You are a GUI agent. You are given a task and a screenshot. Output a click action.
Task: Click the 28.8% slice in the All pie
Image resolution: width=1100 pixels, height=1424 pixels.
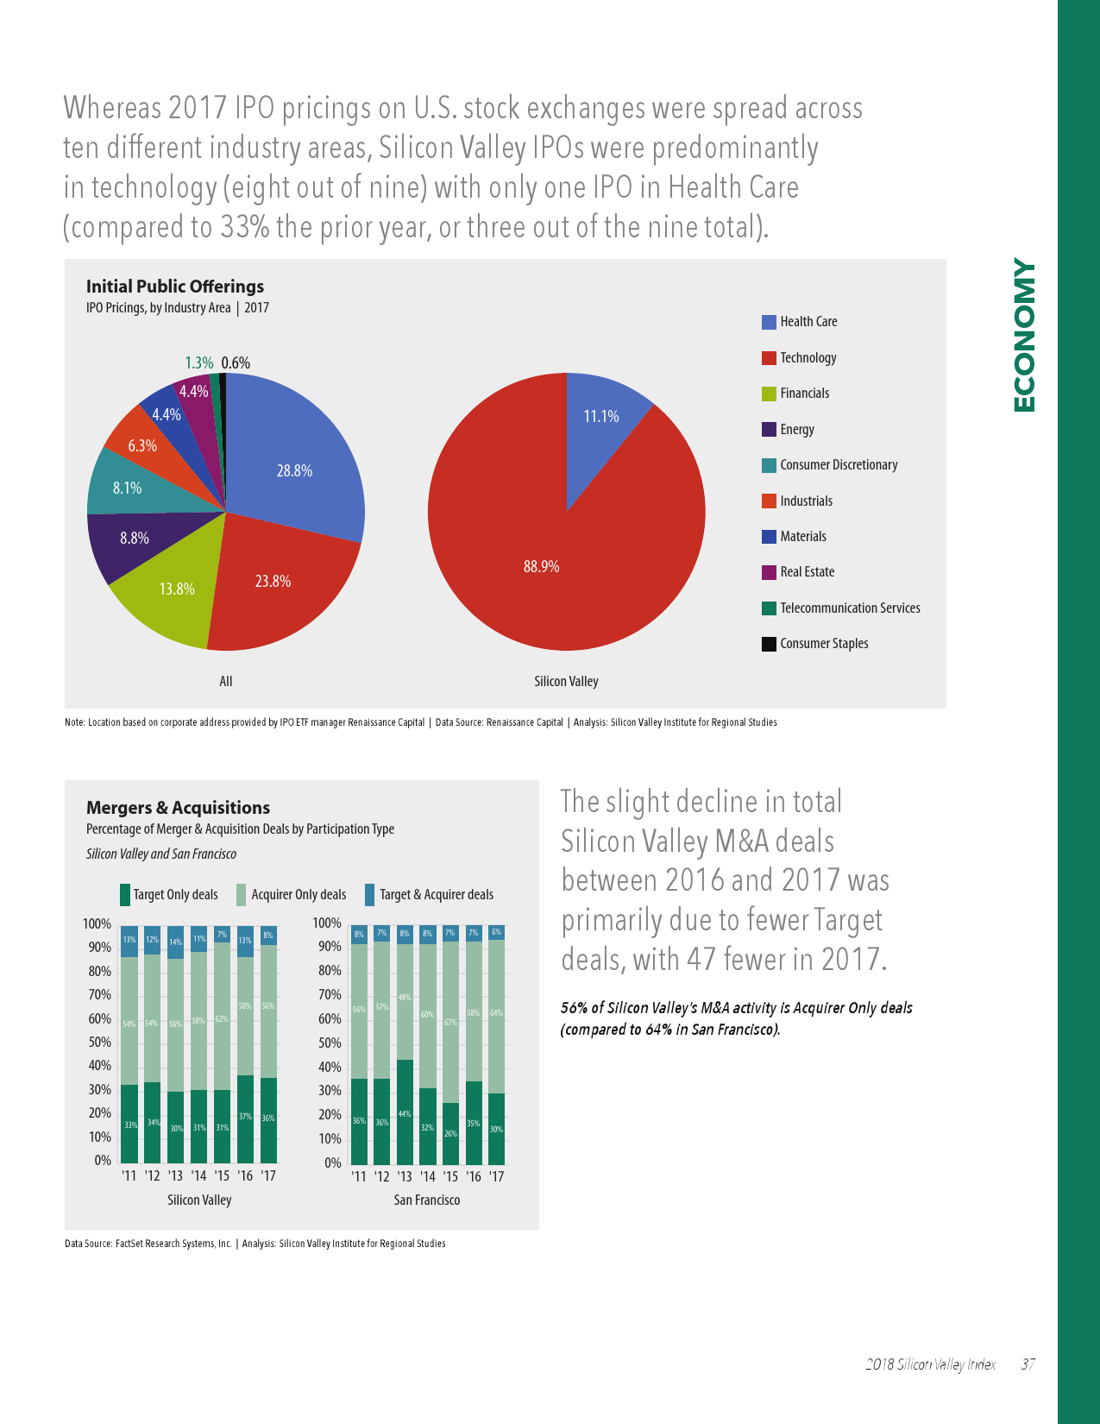click(294, 471)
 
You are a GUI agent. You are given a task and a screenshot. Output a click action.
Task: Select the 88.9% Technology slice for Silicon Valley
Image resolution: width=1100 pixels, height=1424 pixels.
click(541, 567)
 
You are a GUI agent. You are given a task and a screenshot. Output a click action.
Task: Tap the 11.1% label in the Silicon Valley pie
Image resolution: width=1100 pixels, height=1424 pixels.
click(601, 416)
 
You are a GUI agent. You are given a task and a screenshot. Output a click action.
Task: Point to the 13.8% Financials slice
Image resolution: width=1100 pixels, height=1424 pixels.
click(176, 589)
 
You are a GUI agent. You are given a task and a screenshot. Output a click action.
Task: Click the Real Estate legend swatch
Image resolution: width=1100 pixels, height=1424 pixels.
click(769, 572)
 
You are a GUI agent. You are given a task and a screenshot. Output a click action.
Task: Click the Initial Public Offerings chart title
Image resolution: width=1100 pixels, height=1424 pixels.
click(175, 287)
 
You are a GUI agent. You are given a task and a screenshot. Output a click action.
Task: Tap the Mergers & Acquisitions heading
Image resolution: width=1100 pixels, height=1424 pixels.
click(178, 808)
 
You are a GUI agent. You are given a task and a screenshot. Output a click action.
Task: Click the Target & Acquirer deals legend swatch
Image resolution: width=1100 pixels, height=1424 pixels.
click(370, 895)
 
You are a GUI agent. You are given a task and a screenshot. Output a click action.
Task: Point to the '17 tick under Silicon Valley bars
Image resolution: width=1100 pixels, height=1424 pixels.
click(268, 1175)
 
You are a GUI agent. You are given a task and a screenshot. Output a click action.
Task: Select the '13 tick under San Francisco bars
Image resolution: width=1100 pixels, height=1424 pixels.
click(405, 1176)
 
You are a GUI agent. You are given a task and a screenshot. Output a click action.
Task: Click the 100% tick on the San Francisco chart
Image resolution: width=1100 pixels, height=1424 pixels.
click(328, 923)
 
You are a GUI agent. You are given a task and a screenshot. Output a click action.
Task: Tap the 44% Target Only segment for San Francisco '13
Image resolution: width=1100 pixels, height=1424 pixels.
click(405, 1113)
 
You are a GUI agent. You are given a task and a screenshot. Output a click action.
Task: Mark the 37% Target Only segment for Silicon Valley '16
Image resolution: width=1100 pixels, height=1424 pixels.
click(245, 1118)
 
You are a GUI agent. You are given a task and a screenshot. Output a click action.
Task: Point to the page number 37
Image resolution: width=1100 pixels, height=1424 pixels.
click(1028, 1364)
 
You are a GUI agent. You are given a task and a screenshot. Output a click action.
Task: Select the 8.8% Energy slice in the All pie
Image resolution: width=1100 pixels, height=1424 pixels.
click(135, 539)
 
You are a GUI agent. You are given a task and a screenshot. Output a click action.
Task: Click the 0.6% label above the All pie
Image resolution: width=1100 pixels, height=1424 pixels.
click(236, 363)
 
